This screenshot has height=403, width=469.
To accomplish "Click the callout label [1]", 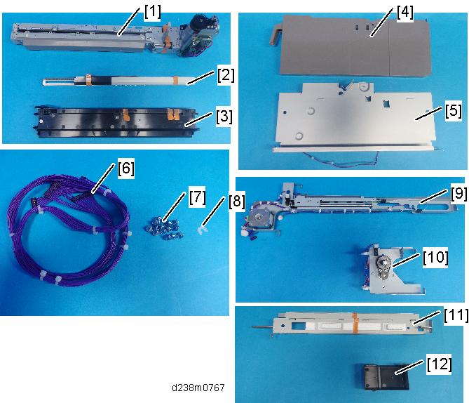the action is [x=153, y=13].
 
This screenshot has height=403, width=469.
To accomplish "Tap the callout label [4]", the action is [x=405, y=13].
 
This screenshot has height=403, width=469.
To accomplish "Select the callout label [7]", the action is [x=198, y=197].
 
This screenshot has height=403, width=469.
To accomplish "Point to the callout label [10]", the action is [x=435, y=258].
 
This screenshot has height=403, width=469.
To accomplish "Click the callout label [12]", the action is [x=440, y=364].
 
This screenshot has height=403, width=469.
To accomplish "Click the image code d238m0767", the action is [x=198, y=388].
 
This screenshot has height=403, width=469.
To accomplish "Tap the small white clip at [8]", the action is [x=202, y=231].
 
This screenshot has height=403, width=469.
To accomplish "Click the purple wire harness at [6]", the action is [x=68, y=231].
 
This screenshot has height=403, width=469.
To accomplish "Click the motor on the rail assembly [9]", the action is [x=259, y=218].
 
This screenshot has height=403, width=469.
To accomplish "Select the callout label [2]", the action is [x=226, y=76].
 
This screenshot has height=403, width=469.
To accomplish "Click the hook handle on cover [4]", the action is [x=275, y=34].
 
